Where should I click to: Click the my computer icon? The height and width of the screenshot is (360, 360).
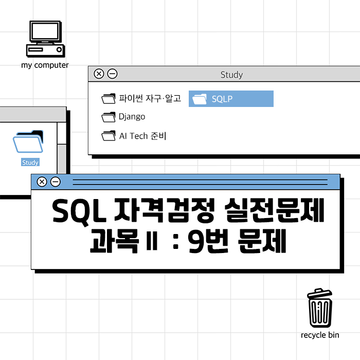click(x=45, y=39)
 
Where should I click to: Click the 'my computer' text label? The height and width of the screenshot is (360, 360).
click(x=45, y=65)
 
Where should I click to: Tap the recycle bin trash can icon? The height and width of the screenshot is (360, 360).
click(x=320, y=308)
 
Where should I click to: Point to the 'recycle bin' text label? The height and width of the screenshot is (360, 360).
click(x=320, y=335)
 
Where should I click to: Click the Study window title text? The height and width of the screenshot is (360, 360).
click(x=231, y=75)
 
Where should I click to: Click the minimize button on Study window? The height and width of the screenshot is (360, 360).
click(x=112, y=74)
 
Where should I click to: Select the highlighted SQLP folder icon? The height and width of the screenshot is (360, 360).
click(x=200, y=99)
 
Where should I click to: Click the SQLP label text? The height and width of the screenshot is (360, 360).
click(x=222, y=99)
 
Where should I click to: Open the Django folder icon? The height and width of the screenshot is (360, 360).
click(x=109, y=117)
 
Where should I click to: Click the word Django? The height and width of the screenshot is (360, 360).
click(x=132, y=117)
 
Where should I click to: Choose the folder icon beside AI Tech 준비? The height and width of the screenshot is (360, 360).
click(x=109, y=136)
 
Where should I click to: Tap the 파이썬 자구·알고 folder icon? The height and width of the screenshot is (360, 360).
click(x=109, y=99)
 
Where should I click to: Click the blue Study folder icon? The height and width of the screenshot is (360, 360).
click(x=28, y=141)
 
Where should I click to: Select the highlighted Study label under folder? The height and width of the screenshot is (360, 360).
click(x=30, y=163)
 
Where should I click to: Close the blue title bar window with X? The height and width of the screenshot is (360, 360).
click(x=42, y=182)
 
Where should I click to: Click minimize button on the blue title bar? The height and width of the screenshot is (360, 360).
click(x=56, y=182)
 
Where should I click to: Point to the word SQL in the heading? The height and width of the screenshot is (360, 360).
click(x=79, y=211)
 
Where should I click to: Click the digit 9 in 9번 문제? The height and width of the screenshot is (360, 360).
click(x=197, y=241)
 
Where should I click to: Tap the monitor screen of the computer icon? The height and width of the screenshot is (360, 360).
click(x=45, y=31)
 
